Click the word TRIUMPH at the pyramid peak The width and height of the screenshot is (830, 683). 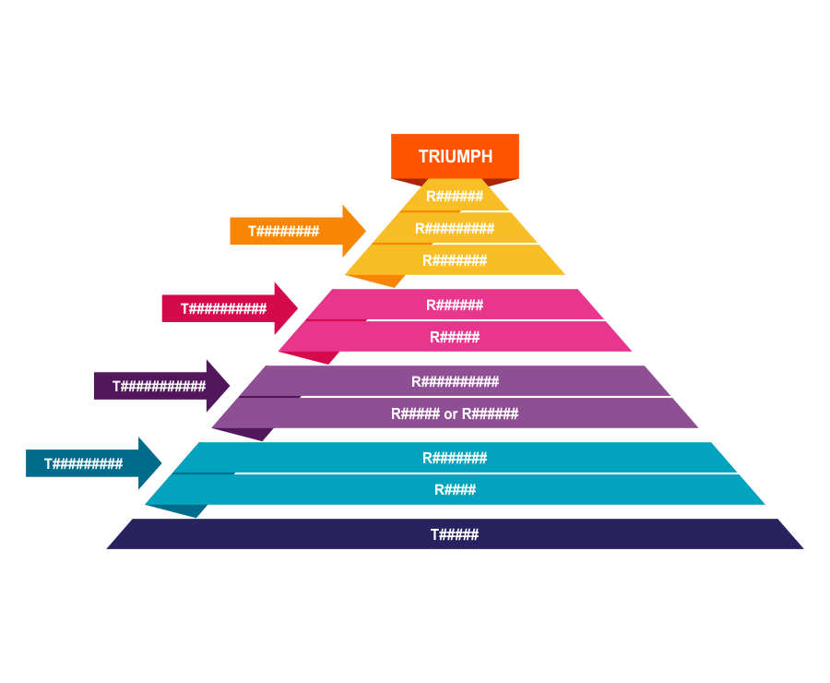455,156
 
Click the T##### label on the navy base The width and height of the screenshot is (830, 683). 455,534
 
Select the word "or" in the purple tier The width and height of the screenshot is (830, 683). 451,413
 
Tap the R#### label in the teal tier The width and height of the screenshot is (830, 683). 455,489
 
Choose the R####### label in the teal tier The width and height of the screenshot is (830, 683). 455,458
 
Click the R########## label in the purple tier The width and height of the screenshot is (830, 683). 455,381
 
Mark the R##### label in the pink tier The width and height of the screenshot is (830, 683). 455,337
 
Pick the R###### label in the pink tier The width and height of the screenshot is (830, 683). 455,305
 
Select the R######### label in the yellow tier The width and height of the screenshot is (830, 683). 455,228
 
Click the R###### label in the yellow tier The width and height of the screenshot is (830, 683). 455,197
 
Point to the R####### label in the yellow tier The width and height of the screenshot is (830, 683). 455,260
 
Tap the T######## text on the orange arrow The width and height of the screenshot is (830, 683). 283,232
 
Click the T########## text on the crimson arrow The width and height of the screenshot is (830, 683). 223,309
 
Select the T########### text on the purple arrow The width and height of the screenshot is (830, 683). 159,387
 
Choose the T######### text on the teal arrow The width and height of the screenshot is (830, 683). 83,464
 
